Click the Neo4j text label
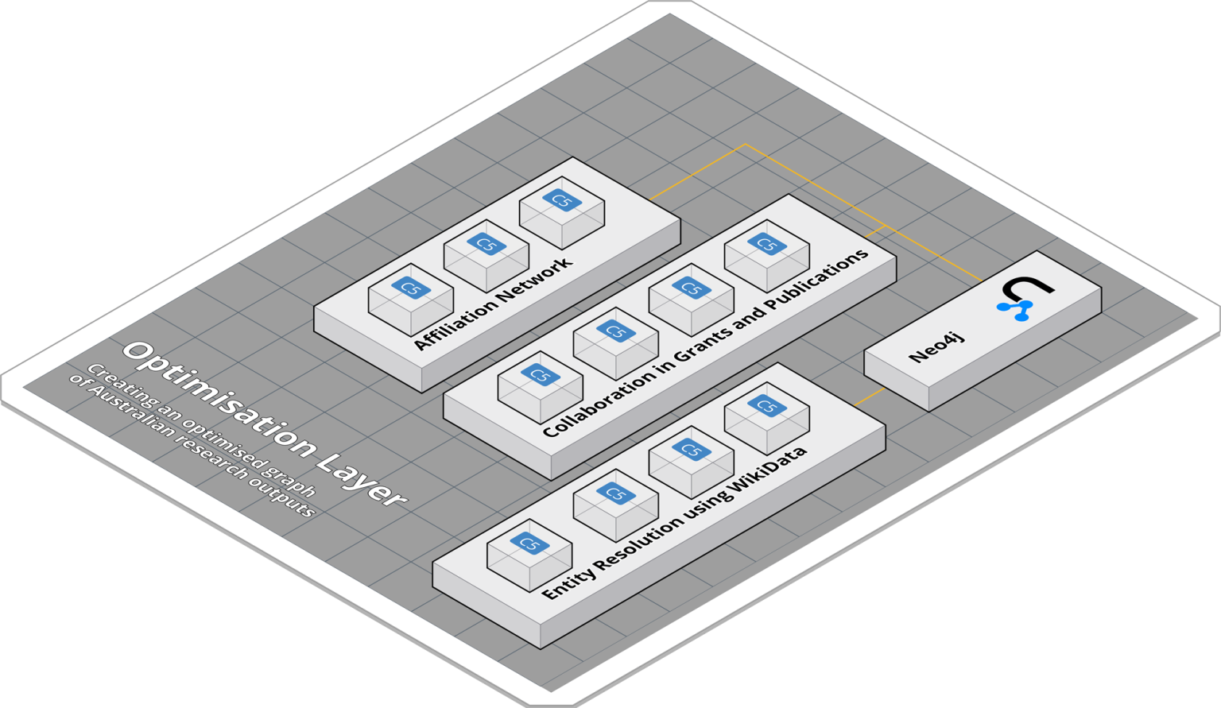tap(936, 347)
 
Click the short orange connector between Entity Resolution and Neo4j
tap(869, 397)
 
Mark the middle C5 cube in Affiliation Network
tap(486, 256)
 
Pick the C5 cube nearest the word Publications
tap(767, 256)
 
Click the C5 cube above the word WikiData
tap(767, 417)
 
